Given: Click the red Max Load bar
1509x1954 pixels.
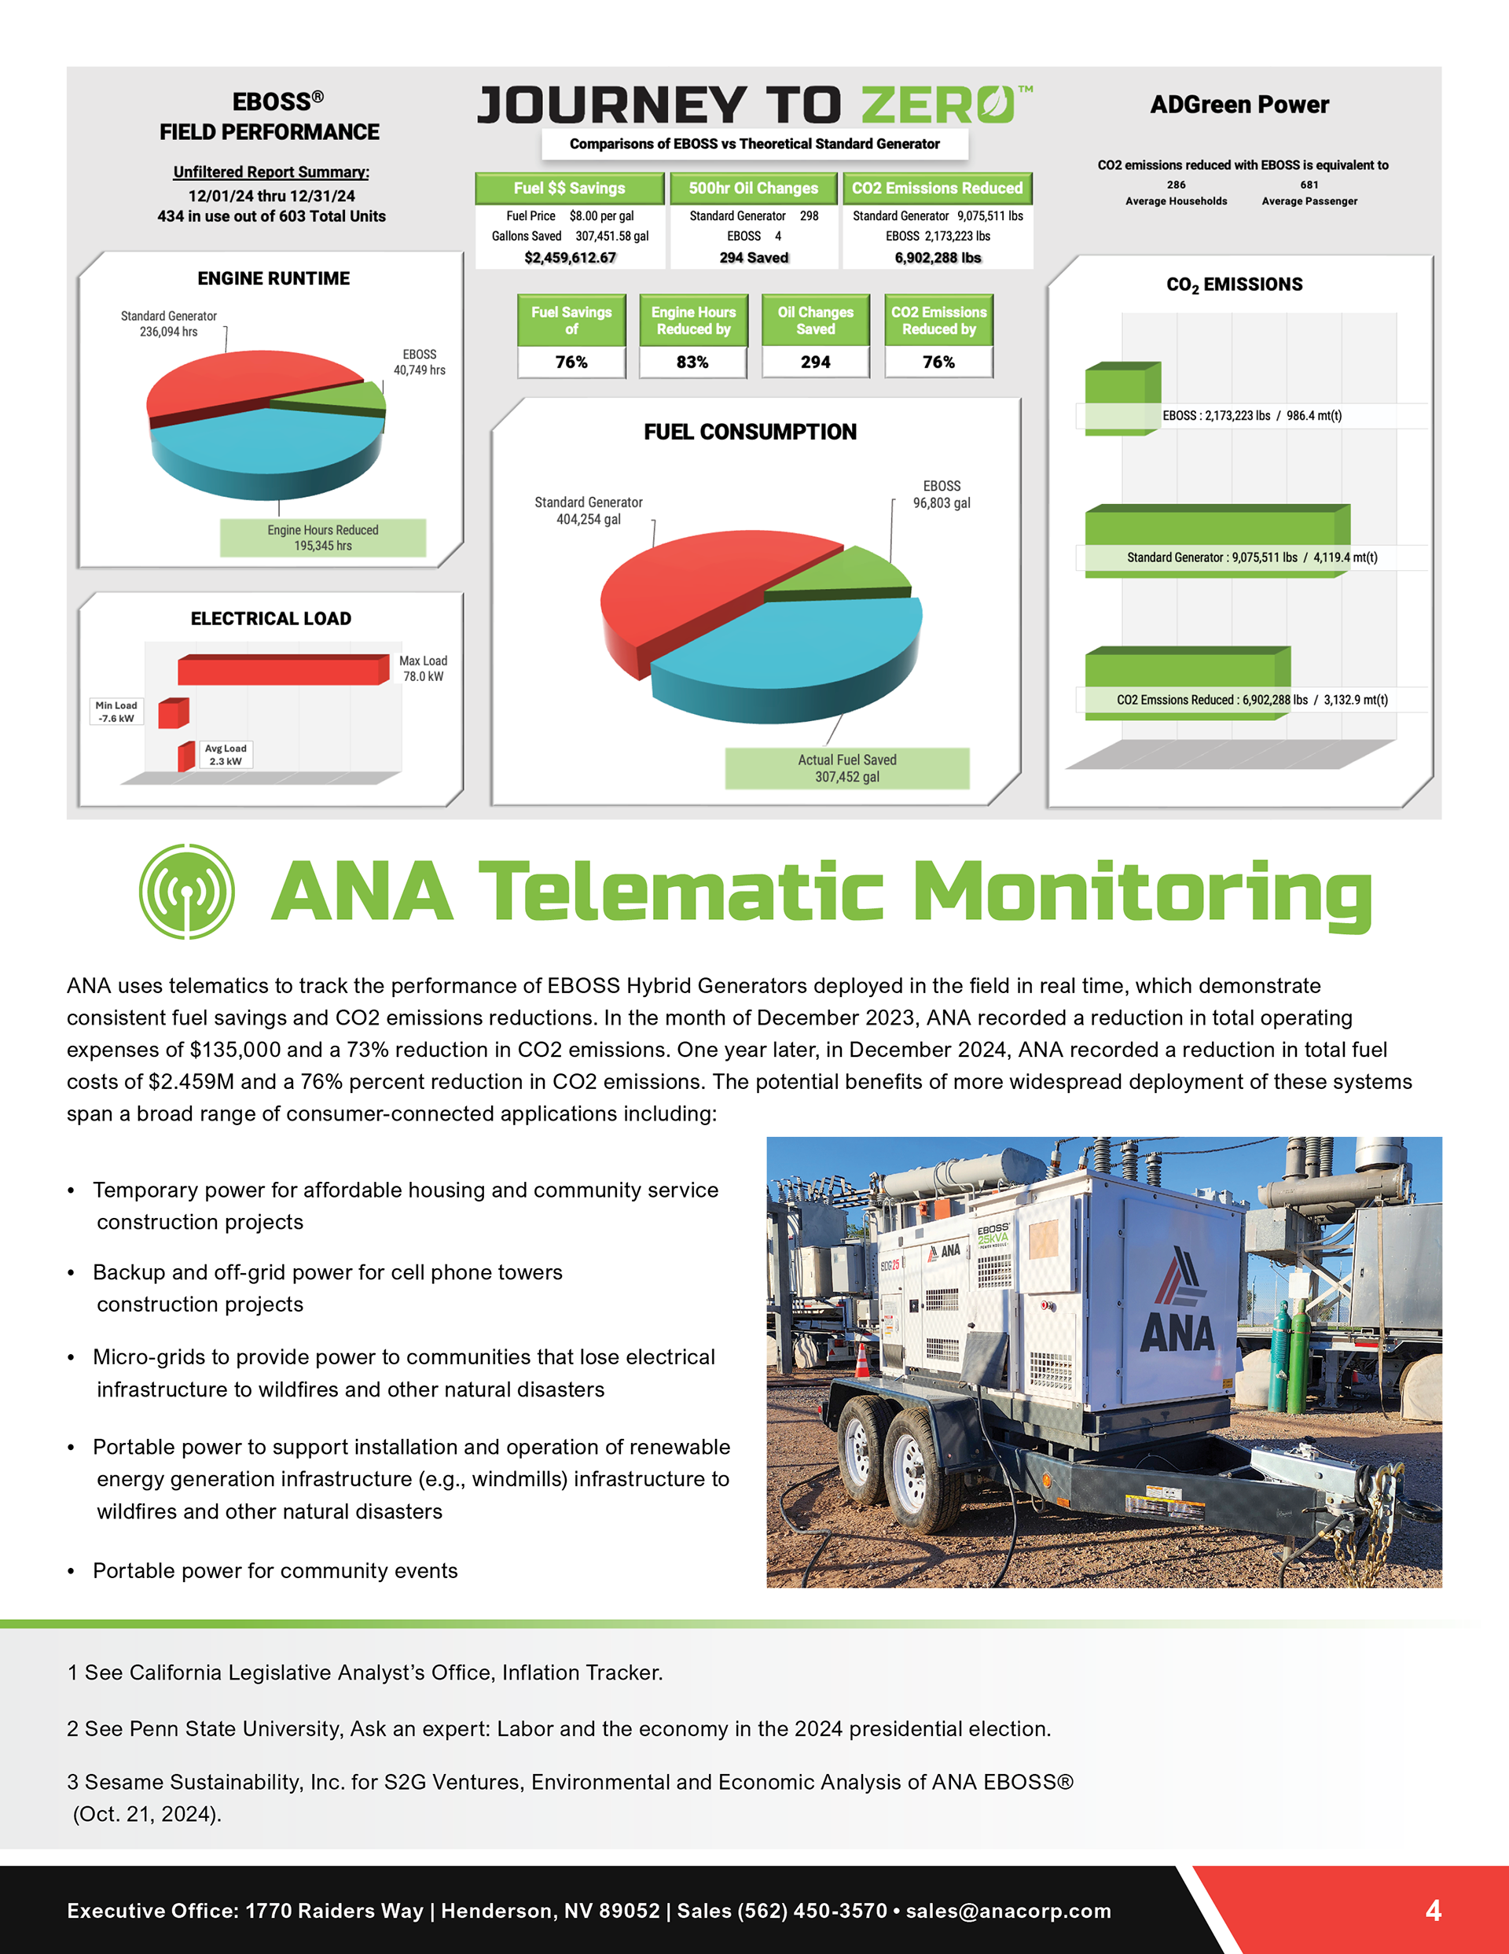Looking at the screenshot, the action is click(x=284, y=669).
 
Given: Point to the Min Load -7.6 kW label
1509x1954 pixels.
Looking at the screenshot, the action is click(x=116, y=712).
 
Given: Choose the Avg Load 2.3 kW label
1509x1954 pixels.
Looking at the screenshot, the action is click(x=226, y=754).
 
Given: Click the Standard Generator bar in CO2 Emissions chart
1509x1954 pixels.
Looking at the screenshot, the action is click(x=1217, y=541).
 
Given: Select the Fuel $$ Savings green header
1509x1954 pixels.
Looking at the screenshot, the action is click(x=569, y=188).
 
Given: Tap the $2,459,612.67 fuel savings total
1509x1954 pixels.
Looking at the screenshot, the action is click(x=570, y=258).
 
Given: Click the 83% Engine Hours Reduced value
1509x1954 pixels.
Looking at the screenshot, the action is click(x=692, y=362).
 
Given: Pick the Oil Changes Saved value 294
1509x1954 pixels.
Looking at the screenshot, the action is click(x=815, y=362).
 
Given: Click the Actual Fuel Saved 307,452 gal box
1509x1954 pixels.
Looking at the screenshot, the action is click(x=847, y=768).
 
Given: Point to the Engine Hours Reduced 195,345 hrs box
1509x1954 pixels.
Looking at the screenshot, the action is click(x=323, y=538).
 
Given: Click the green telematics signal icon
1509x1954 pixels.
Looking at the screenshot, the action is click(x=187, y=891).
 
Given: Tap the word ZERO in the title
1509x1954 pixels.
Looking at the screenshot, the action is click(x=939, y=105).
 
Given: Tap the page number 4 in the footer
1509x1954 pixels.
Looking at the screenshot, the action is click(x=1433, y=1911).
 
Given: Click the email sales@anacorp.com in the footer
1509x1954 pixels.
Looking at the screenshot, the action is click(x=1008, y=1911).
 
